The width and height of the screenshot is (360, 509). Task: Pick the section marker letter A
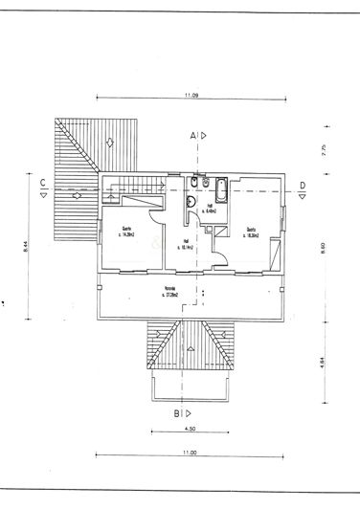194,137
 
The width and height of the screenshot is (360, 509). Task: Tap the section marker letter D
303,184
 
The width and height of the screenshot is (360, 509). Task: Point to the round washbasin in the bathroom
192,202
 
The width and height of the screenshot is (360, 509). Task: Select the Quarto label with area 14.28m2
126,231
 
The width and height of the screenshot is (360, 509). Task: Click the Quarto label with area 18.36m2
252,231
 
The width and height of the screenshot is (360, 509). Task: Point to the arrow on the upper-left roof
112,143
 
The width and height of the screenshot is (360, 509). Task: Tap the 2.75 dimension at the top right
326,149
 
